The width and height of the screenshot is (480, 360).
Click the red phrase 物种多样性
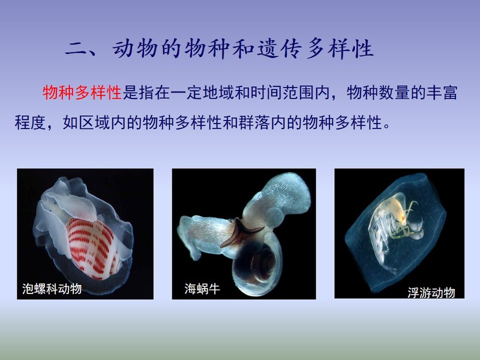pyautogui.click(x=82, y=92)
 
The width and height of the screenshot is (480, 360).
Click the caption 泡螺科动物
pyautogui.click(x=52, y=289)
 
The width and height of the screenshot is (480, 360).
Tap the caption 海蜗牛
pyautogui.click(x=202, y=289)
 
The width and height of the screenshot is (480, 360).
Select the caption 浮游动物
pyautogui.click(x=431, y=293)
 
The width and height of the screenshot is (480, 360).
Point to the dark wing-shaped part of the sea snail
pyautogui.click(x=241, y=232)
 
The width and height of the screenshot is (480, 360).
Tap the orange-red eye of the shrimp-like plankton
pyautogui.click(x=403, y=218)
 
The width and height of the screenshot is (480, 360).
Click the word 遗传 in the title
pyautogui.click(x=280, y=49)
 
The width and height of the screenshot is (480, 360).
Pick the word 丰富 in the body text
pyautogui.click(x=442, y=92)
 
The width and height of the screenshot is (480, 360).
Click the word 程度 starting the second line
pyautogui.click(x=31, y=122)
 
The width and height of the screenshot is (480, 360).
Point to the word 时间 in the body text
pyautogui.click(x=266, y=92)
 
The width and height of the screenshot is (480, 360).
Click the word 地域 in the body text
pyautogui.click(x=218, y=92)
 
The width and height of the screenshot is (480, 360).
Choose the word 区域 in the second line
pyautogui.click(x=94, y=122)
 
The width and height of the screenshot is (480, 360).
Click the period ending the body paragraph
pyautogui.click(x=386, y=127)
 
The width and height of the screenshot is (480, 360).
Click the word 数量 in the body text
pyautogui.click(x=394, y=92)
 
